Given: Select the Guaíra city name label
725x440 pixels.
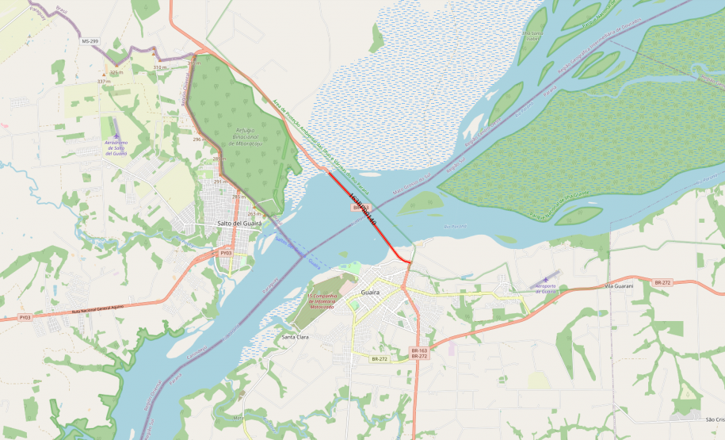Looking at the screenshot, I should (370, 293).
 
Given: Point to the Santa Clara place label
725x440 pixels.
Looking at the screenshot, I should (296, 337).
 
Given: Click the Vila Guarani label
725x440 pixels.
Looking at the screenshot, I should (619, 285).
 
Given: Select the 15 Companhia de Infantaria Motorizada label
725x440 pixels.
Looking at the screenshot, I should (312, 300).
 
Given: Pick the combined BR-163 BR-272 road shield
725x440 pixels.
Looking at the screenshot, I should (419, 353).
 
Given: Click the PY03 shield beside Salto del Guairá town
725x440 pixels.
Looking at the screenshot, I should (227, 253).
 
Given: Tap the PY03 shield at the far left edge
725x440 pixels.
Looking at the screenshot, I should (25, 317).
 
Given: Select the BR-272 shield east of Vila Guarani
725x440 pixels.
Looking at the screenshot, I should (662, 282).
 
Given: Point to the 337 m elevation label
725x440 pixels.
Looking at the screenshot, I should (103, 81).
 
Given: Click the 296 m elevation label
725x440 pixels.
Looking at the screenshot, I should (198, 139).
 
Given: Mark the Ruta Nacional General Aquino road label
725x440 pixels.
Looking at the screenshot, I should (97, 307).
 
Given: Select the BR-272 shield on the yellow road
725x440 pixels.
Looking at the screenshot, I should (380, 359).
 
